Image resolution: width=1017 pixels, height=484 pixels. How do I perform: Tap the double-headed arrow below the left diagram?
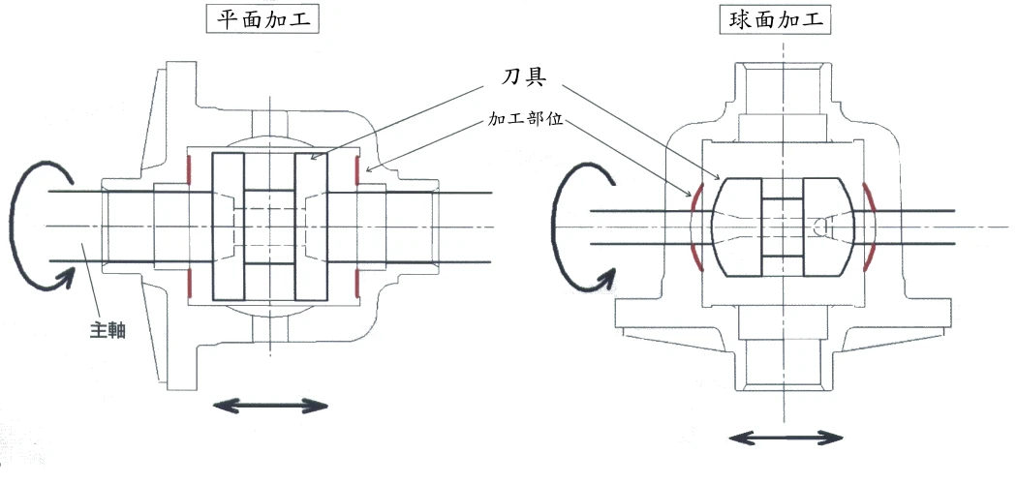click(x=270, y=405)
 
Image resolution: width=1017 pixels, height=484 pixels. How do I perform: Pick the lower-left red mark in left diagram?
click(x=189, y=284)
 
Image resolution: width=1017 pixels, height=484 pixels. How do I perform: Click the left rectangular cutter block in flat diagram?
click(x=228, y=227)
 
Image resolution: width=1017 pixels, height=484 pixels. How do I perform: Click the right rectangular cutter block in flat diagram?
click(x=312, y=227)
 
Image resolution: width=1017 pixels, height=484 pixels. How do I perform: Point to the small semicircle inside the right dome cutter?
click(x=818, y=227)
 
